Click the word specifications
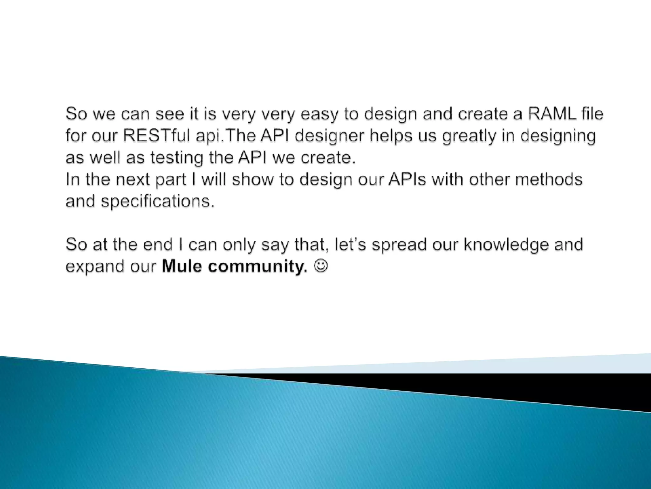click(158, 202)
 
